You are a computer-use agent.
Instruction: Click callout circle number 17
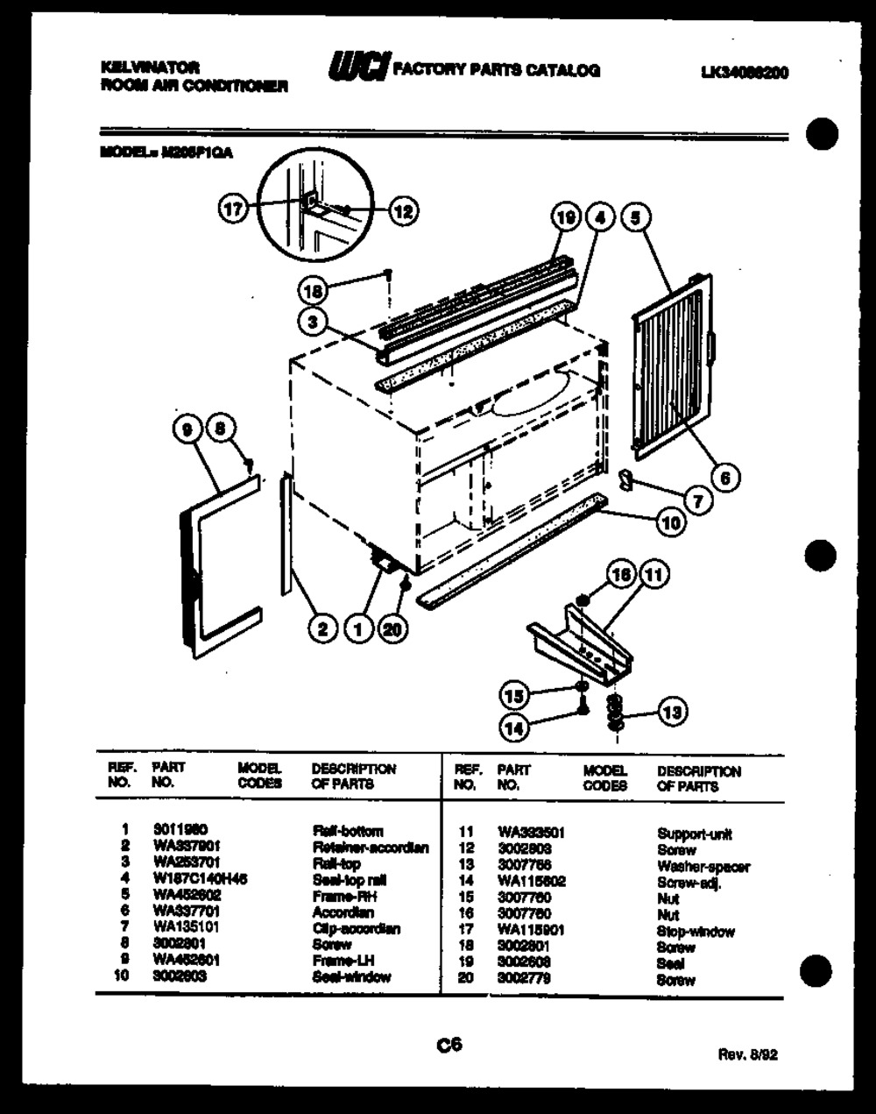click(x=232, y=209)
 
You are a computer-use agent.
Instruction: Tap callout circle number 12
click(x=402, y=210)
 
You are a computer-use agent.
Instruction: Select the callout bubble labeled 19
click(x=567, y=216)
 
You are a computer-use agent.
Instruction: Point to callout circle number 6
click(x=725, y=477)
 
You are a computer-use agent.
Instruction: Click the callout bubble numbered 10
click(x=670, y=523)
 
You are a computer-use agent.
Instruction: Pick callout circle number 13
click(x=672, y=713)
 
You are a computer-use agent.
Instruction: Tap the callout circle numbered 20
click(x=393, y=628)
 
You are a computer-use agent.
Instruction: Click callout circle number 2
click(x=322, y=628)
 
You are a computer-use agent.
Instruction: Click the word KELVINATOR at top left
click(x=150, y=67)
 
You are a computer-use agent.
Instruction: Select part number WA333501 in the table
click(x=530, y=833)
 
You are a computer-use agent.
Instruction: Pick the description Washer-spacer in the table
click(x=703, y=867)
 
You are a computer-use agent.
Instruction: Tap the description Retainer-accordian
click(x=370, y=848)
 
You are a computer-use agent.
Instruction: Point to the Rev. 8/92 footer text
click(x=747, y=1055)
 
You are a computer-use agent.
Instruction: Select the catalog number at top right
click(x=745, y=74)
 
